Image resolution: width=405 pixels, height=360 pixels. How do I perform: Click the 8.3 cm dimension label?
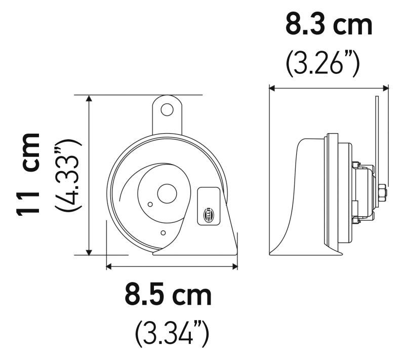pyautogui.click(x=329, y=25)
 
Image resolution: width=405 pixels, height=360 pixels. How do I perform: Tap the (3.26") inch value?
pyautogui.click(x=322, y=64)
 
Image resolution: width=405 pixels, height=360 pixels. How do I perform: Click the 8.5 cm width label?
pyautogui.click(x=169, y=295)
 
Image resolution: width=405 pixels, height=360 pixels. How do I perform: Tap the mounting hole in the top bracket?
pyautogui.click(x=167, y=109)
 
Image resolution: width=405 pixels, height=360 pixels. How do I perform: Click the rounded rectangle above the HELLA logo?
pyautogui.click(x=208, y=195)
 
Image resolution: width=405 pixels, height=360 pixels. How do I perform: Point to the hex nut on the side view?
pyautogui.click(x=382, y=193)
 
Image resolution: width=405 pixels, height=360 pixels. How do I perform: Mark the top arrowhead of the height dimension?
pyautogui.click(x=90, y=99)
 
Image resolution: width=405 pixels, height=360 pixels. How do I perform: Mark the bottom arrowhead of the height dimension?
pyautogui.click(x=90, y=251)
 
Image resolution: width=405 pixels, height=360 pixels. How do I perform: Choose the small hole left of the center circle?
pyautogui.click(x=149, y=204)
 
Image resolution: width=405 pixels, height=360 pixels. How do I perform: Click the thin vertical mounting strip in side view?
pyautogui.click(x=376, y=132)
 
